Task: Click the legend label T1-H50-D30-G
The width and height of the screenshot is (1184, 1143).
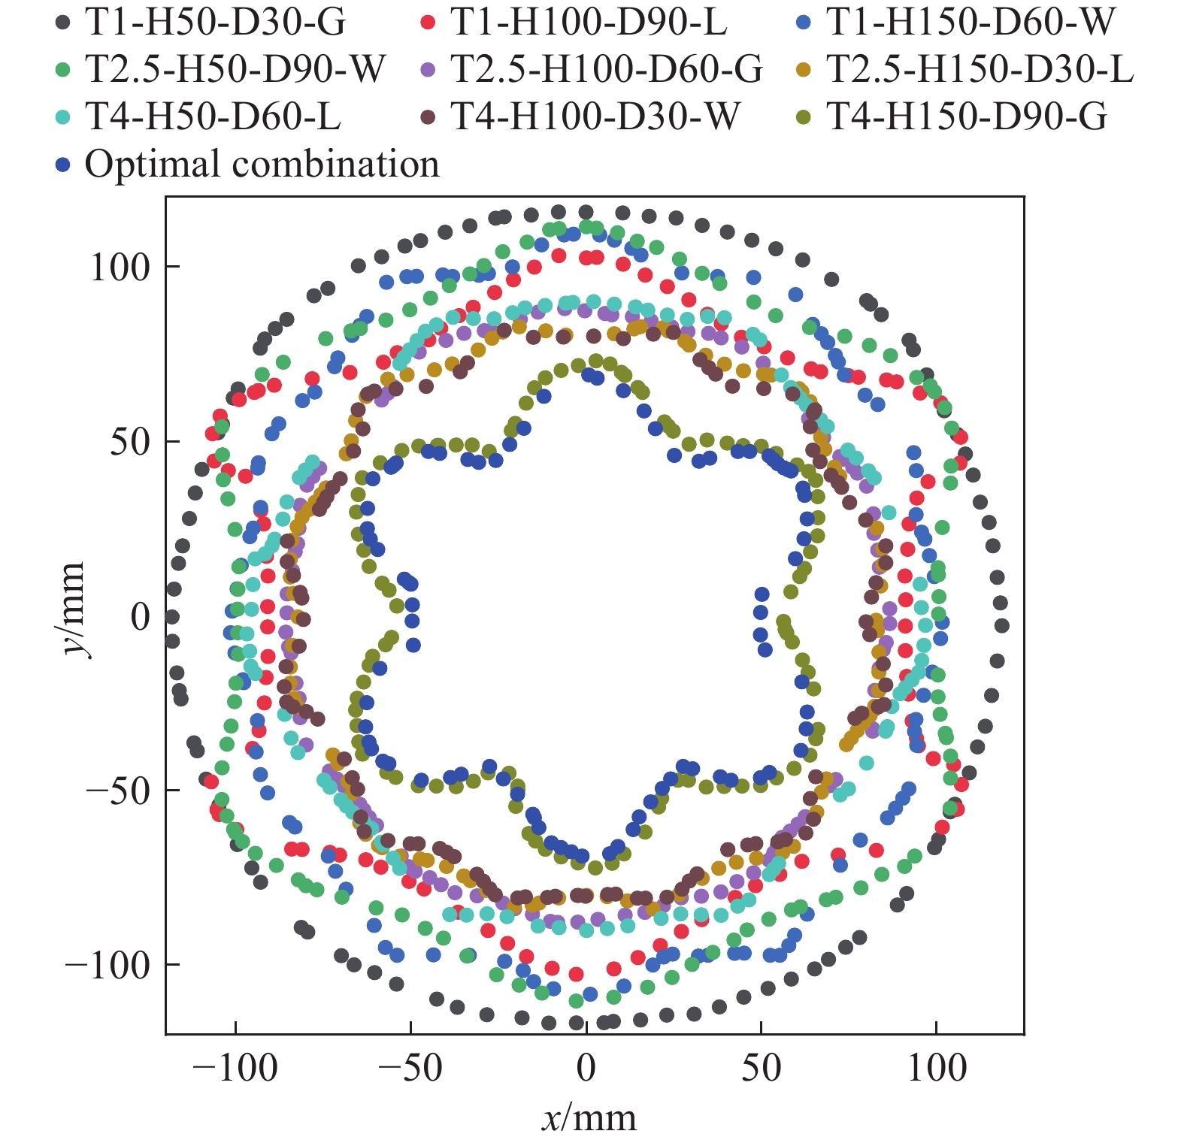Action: click(x=215, y=23)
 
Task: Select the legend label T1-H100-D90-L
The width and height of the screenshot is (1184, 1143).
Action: click(x=589, y=23)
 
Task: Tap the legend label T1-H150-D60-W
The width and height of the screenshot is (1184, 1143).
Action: click(x=971, y=23)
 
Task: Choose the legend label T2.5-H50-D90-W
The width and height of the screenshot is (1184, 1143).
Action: click(x=235, y=70)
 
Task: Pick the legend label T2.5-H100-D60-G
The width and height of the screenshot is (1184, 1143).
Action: click(x=607, y=70)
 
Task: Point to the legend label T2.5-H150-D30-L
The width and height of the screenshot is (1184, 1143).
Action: click(x=980, y=70)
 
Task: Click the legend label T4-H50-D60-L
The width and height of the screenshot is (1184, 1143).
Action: click(x=213, y=117)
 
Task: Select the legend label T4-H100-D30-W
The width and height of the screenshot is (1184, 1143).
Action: click(x=595, y=117)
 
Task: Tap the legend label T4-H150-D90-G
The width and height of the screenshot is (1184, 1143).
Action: click(x=967, y=117)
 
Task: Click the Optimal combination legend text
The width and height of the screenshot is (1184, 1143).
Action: click(x=262, y=165)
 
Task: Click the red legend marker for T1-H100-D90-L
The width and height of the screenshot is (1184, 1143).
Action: click(x=428, y=23)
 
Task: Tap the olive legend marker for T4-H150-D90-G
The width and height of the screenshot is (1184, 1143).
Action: click(x=804, y=117)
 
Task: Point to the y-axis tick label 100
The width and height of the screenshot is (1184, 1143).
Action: click(x=120, y=268)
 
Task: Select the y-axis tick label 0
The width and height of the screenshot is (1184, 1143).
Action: click(x=141, y=617)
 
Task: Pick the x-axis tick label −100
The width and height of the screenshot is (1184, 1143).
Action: click(x=235, y=1068)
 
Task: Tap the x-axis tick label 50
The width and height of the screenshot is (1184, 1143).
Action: click(x=761, y=1068)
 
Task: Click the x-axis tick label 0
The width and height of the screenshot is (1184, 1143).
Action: click(x=586, y=1068)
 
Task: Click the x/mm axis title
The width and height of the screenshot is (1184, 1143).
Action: click(x=589, y=1118)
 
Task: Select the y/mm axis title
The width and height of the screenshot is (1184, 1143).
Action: click(x=73, y=609)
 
